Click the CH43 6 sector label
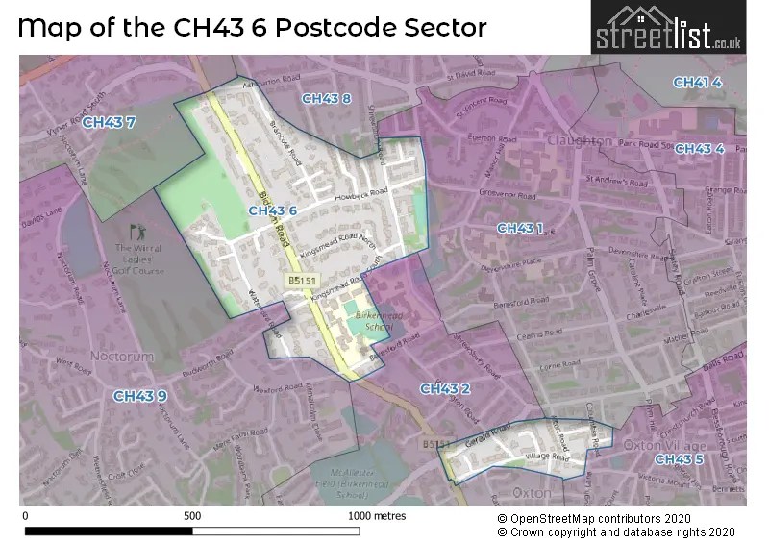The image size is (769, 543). [272, 210]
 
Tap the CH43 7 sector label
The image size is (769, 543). [109, 123]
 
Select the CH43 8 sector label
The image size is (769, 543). [326, 99]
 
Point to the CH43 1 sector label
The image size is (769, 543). [520, 228]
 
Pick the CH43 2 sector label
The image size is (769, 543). [444, 388]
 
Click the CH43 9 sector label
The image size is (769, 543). [140, 396]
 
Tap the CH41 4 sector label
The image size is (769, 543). [697, 83]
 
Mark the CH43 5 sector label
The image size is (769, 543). [680, 459]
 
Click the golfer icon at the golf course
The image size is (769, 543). [135, 232]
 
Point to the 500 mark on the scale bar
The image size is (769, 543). [192, 516]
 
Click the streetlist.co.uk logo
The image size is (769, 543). [668, 28]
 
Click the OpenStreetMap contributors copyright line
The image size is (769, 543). [603, 517]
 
